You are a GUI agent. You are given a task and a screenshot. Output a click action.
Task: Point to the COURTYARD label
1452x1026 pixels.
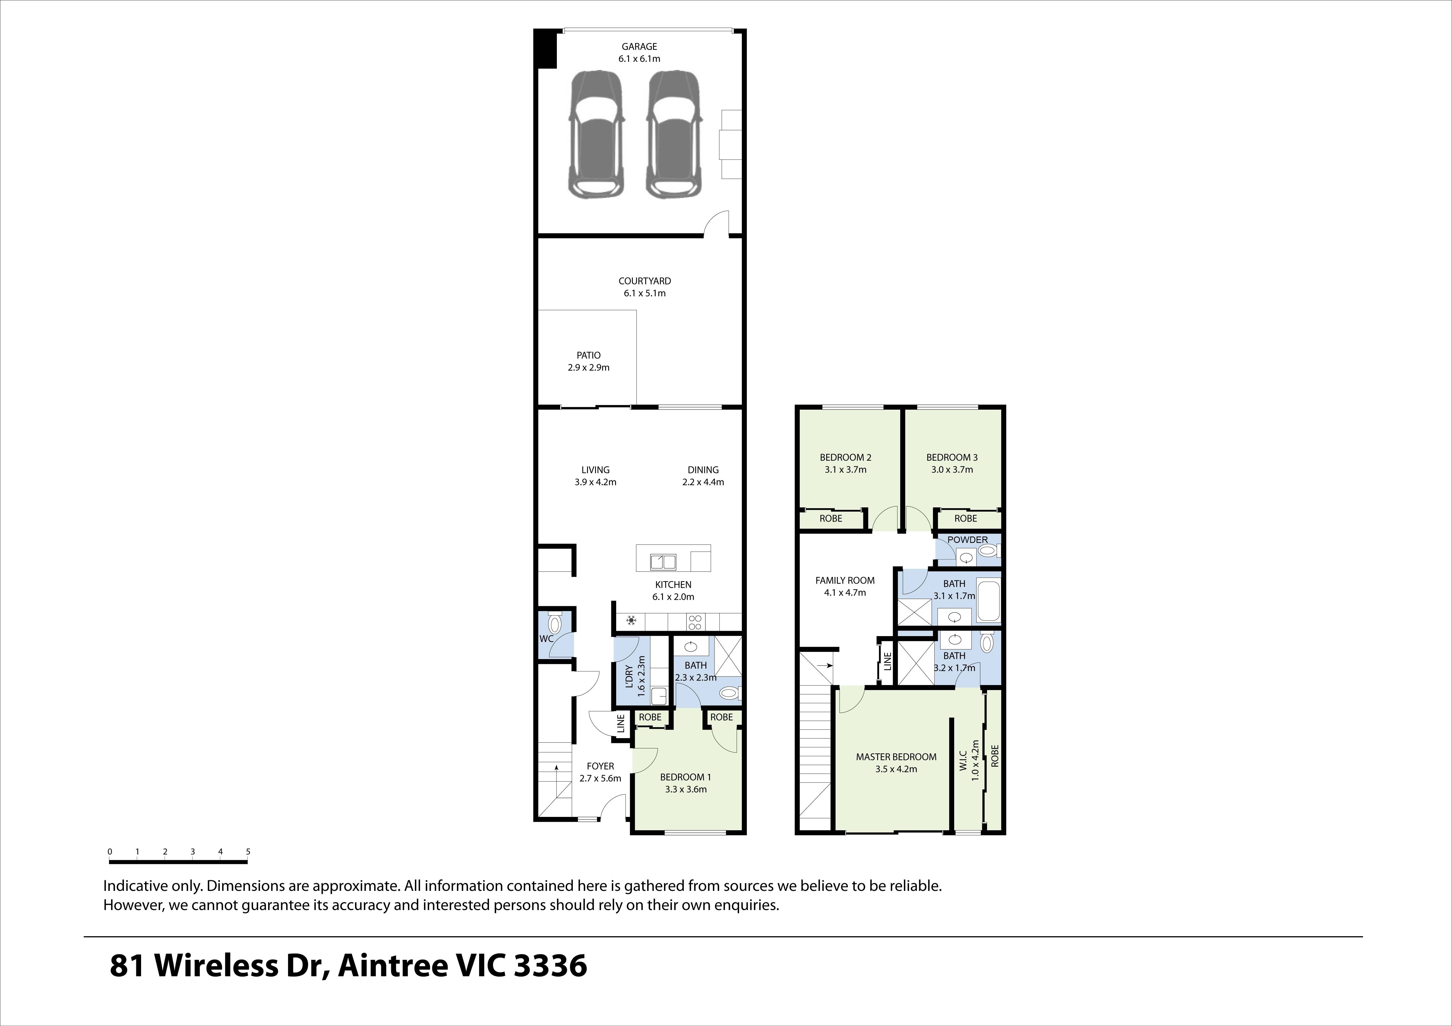[645, 281]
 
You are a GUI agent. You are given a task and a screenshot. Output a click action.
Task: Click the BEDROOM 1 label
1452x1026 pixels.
[686, 777]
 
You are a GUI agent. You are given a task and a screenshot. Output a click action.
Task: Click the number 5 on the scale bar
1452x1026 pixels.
[248, 852]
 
